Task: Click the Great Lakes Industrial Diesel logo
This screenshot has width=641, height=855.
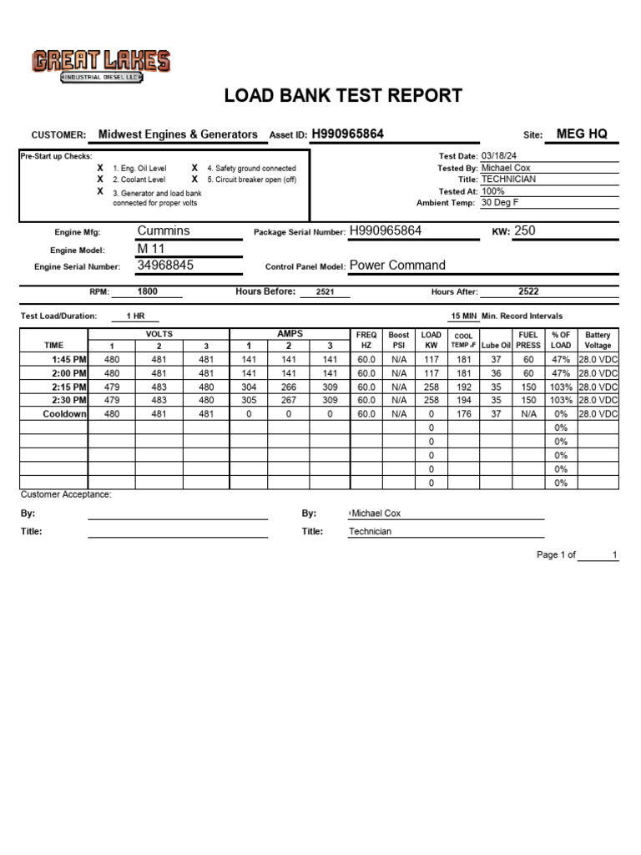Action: (101, 65)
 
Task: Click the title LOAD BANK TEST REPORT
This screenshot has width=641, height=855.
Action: (343, 96)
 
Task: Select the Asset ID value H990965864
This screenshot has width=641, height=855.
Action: (348, 134)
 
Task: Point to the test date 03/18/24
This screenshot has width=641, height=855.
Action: (499, 156)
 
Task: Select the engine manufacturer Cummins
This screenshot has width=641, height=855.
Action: (164, 230)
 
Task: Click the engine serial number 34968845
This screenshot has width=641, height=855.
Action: (165, 266)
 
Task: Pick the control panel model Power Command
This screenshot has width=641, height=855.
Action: (397, 266)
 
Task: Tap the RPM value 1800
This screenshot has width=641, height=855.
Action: (148, 292)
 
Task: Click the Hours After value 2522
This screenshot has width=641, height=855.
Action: (528, 292)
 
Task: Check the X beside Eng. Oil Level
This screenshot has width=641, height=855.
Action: (100, 168)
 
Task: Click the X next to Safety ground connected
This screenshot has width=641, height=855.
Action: (194, 168)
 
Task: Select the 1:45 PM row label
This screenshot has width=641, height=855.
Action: (70, 359)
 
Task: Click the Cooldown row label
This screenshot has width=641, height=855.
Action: (65, 414)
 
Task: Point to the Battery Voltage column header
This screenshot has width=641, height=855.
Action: (598, 340)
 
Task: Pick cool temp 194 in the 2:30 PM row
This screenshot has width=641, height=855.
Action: (463, 401)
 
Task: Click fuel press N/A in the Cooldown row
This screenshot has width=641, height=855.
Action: (528, 414)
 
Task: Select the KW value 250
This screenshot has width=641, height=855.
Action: (525, 230)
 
